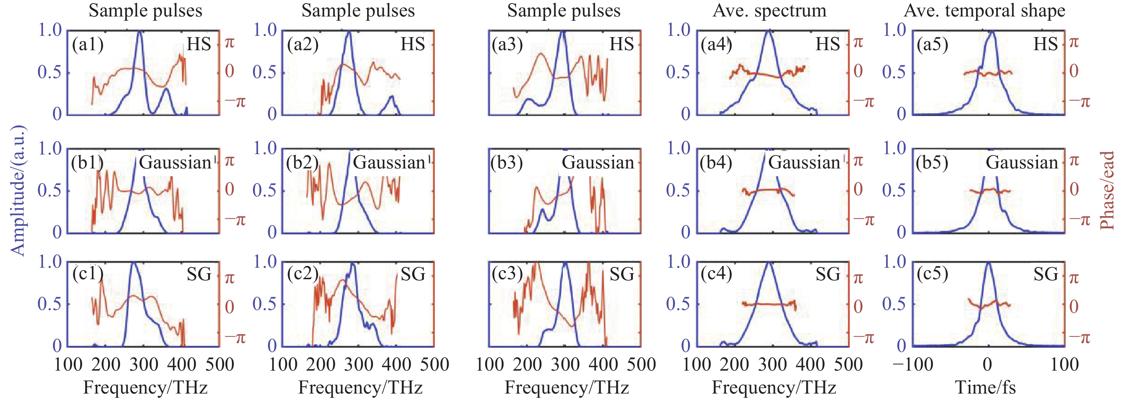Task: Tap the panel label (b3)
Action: [507, 162]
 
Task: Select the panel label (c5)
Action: [932, 274]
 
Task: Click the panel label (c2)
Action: [303, 274]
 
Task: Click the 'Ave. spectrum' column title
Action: [770, 10]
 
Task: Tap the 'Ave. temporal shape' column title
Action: [984, 10]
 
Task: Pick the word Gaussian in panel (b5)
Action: [1021, 162]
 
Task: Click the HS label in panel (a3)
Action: [622, 44]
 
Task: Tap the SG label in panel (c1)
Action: [199, 274]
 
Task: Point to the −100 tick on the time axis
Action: [913, 365]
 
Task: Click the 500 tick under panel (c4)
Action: [848, 365]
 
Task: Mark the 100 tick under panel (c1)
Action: [68, 365]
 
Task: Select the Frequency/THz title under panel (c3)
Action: [567, 387]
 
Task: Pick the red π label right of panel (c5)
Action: [1074, 278]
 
